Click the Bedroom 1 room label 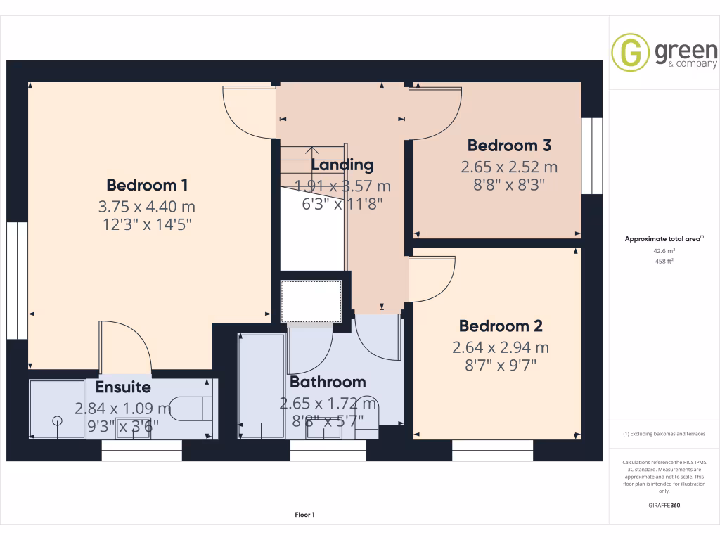[147, 185]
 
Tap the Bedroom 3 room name [509, 146]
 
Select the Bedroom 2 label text [501, 326]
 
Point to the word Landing [342, 165]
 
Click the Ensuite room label [123, 387]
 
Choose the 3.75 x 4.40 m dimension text [147, 207]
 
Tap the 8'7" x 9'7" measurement [501, 365]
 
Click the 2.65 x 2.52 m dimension [509, 167]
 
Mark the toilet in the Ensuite [193, 409]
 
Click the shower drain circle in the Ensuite [57, 420]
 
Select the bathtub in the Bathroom [261, 385]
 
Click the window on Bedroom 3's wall [592, 155]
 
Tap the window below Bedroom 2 [492, 450]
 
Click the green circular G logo [630, 53]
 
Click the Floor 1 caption [304, 515]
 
